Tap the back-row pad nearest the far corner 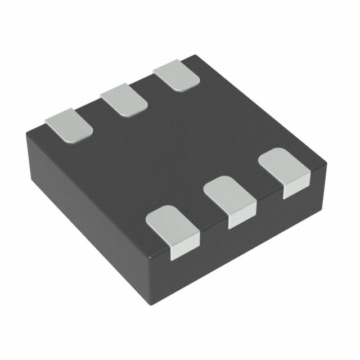[x=176, y=76]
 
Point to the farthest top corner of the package [x=194, y=55]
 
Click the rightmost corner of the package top [x=326, y=163]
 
